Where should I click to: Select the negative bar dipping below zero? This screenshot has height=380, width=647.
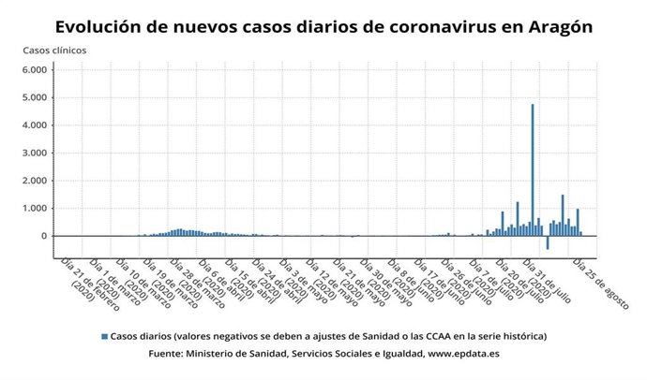548,241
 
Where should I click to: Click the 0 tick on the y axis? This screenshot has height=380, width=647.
43,236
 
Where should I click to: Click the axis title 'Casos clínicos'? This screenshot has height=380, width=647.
54,50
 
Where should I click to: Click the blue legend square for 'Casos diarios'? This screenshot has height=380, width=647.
103,335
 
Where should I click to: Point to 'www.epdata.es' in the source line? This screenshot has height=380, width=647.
462,354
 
